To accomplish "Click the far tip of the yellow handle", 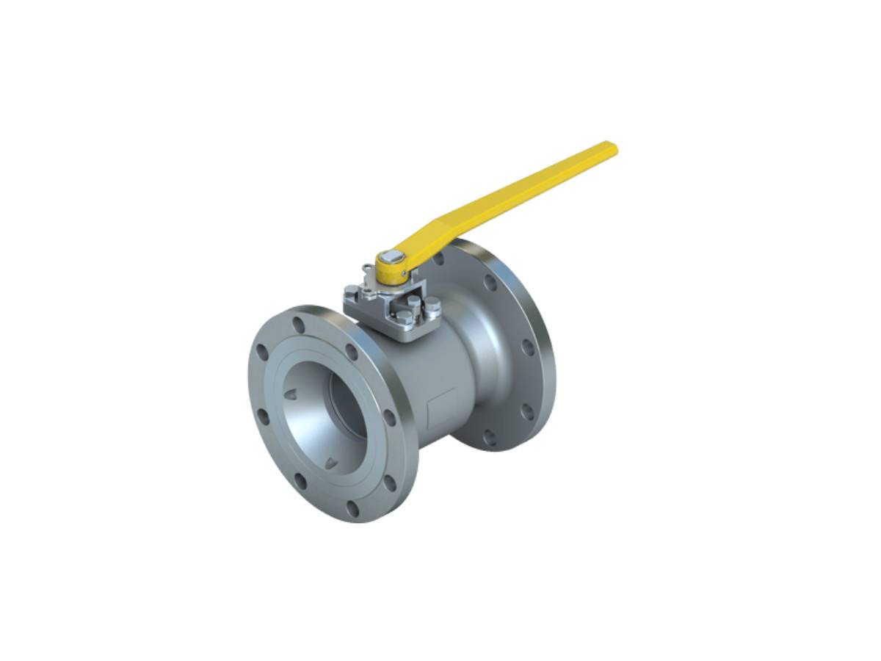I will pos(611,147).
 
